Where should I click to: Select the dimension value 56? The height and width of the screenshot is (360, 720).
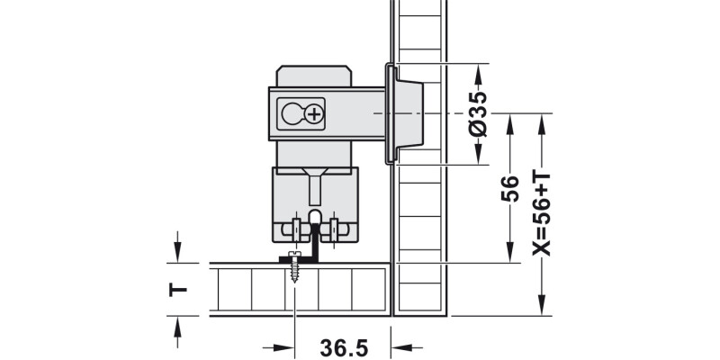[x=510, y=187]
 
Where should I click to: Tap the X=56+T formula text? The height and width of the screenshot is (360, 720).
[x=542, y=211]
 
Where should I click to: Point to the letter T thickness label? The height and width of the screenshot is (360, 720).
[x=178, y=289]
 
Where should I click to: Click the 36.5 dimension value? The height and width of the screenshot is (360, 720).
[x=343, y=346]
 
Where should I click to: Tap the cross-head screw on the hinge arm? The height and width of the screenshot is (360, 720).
[x=314, y=113]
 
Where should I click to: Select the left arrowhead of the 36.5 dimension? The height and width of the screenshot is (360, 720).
[x=286, y=346]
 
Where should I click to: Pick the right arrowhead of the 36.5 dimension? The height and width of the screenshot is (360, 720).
[x=400, y=346]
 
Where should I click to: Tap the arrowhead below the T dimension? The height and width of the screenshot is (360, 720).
[x=178, y=325]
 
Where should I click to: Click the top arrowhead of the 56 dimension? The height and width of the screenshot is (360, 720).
[x=510, y=121]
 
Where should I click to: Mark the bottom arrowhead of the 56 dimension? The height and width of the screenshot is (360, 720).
[x=510, y=256]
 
